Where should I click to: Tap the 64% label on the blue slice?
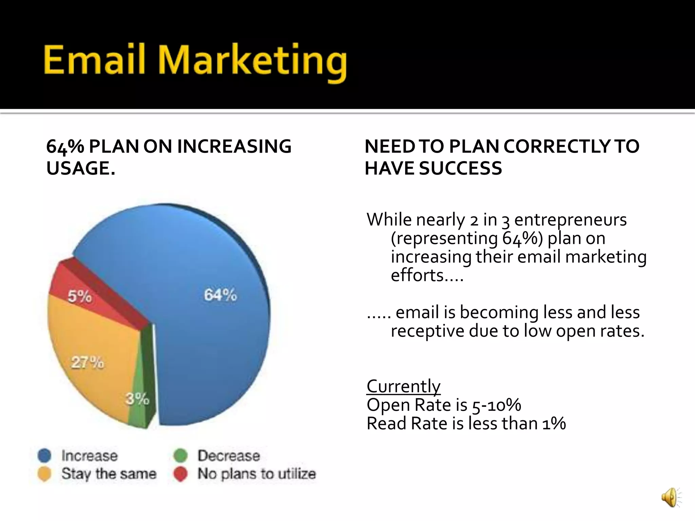click(220, 295)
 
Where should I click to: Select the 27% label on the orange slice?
click(88, 363)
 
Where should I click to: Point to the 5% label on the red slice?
click(79, 296)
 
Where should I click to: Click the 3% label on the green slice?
click(137, 399)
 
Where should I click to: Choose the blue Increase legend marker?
click(44, 456)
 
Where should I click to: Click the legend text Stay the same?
click(109, 474)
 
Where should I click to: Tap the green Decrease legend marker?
click(180, 456)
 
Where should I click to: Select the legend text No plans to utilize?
click(257, 474)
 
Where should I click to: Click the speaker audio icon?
click(670, 498)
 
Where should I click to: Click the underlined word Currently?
click(403, 386)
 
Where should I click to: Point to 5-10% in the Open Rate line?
click(496, 405)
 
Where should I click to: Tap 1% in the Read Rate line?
click(554, 424)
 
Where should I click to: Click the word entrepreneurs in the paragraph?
click(570, 220)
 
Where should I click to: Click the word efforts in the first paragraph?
click(417, 275)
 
